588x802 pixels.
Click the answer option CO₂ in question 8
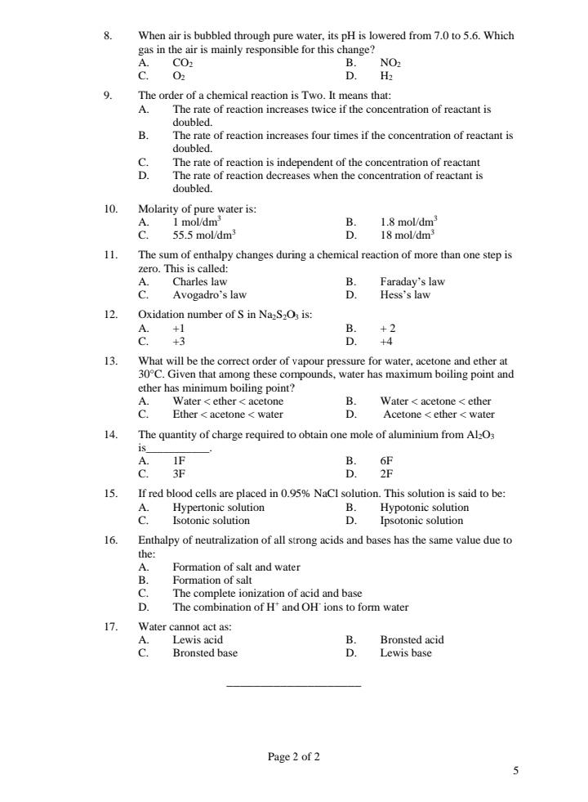click(x=183, y=62)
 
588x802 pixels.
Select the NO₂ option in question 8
click(x=390, y=62)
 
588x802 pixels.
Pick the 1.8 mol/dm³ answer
click(x=409, y=221)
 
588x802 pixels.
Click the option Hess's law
click(x=405, y=294)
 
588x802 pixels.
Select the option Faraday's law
click(x=412, y=282)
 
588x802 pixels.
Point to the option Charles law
click(x=200, y=282)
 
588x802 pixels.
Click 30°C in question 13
click(x=151, y=374)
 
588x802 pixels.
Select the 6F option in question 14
click(x=386, y=460)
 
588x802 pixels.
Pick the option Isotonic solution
click(x=211, y=520)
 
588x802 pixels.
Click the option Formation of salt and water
click(x=236, y=567)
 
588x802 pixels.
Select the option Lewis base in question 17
click(x=406, y=652)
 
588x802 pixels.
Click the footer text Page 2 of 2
click(x=294, y=756)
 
